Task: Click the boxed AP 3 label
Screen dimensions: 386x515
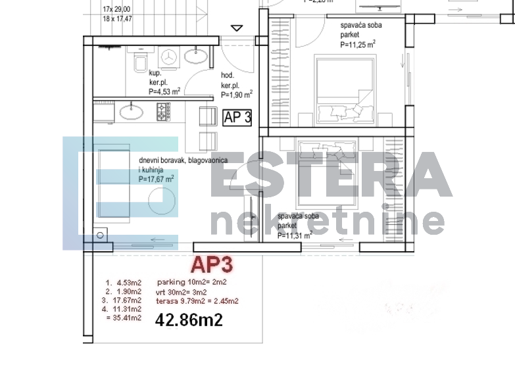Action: coord(237,118)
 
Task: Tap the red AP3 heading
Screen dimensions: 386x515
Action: coord(211,264)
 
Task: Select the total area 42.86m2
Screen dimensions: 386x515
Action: coord(189,320)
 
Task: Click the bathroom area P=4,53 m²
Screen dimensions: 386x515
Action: coord(164,92)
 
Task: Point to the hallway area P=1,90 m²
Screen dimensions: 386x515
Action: coord(237,95)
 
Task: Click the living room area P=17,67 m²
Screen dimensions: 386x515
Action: coord(157,178)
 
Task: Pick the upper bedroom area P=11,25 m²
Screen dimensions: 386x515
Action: coord(358,45)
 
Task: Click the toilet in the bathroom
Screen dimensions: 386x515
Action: coord(141,63)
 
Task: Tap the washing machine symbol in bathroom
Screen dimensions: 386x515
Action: coord(170,57)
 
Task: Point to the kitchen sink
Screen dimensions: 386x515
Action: coord(132,110)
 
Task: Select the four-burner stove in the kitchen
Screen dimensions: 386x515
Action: coord(163,112)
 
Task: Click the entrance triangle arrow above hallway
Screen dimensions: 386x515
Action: coord(237,28)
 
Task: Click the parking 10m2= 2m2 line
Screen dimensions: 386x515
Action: coord(192,282)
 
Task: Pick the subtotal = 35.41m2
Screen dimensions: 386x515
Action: coord(123,318)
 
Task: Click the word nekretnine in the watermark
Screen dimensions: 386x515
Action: coord(327,223)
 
